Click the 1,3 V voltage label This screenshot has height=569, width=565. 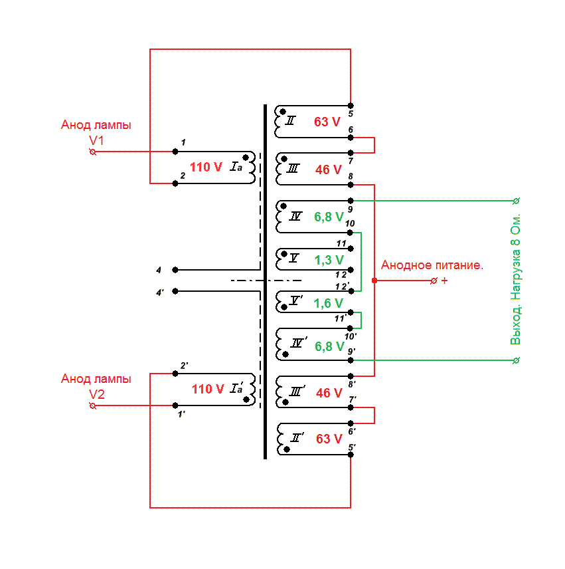click(329, 260)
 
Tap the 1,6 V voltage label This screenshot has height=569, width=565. click(328, 303)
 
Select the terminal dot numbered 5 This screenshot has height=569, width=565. click(351, 106)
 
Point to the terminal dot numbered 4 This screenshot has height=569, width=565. click(175, 270)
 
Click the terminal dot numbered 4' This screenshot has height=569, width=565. click(175, 291)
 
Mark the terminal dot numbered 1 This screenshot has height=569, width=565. click(175, 152)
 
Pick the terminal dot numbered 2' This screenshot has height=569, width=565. click(175, 374)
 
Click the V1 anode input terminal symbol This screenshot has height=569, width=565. click(93, 152)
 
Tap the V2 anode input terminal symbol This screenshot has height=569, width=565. click(93, 405)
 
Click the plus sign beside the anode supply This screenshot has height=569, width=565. click(445, 281)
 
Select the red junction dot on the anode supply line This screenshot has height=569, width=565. click(374, 281)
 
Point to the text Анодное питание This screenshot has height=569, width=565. click(432, 265)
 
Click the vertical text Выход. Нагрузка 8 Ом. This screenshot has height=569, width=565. click(515, 279)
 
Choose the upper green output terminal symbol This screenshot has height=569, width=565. click(517, 201)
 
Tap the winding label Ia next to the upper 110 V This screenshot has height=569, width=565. click(236, 167)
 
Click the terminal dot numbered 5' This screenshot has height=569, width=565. click(351, 455)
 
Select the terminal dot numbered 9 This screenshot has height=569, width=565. click(351, 201)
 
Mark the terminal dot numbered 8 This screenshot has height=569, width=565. click(351, 185)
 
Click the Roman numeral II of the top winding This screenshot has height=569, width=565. click(290, 120)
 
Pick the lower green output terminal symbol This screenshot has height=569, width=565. click(517, 360)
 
